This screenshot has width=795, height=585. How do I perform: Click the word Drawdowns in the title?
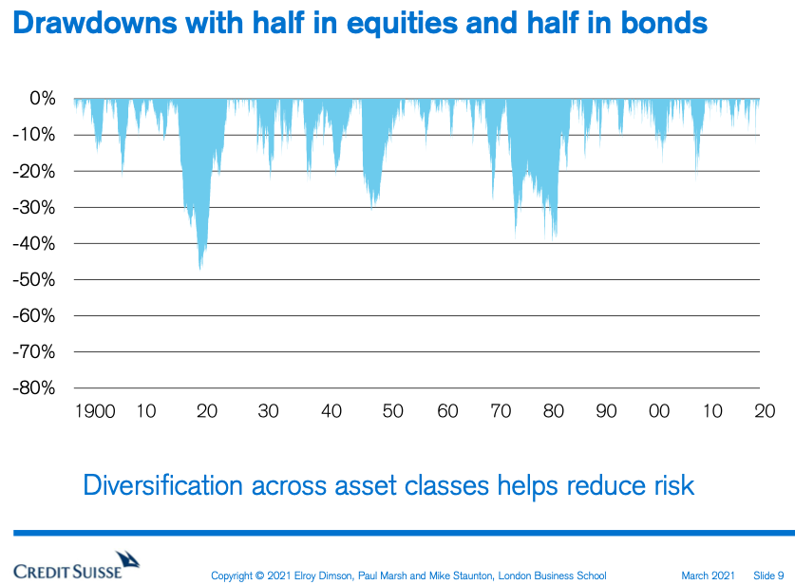click(95, 23)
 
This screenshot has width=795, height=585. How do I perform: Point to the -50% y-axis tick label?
click(34, 280)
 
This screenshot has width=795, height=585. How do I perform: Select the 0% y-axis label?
click(43, 99)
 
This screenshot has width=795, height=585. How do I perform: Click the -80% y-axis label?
click(34, 388)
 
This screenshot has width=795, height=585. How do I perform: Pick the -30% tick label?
click(34, 207)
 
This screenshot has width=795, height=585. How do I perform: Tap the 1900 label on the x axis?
click(95, 411)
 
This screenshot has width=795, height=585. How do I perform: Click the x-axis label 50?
click(393, 411)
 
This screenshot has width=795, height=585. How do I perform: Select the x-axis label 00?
click(659, 411)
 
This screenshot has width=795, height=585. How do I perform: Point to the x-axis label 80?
click(554, 411)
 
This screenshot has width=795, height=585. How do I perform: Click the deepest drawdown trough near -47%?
click(200, 269)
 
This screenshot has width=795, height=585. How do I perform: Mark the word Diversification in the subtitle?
click(163, 485)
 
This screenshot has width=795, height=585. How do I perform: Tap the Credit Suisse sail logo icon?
click(127, 559)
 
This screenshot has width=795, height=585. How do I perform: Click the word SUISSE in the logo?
click(96, 572)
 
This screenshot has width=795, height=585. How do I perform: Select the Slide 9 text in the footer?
click(768, 576)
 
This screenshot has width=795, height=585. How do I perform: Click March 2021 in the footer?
click(708, 576)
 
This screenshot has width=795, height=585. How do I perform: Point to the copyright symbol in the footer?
click(259, 576)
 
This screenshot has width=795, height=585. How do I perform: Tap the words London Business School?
click(552, 576)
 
